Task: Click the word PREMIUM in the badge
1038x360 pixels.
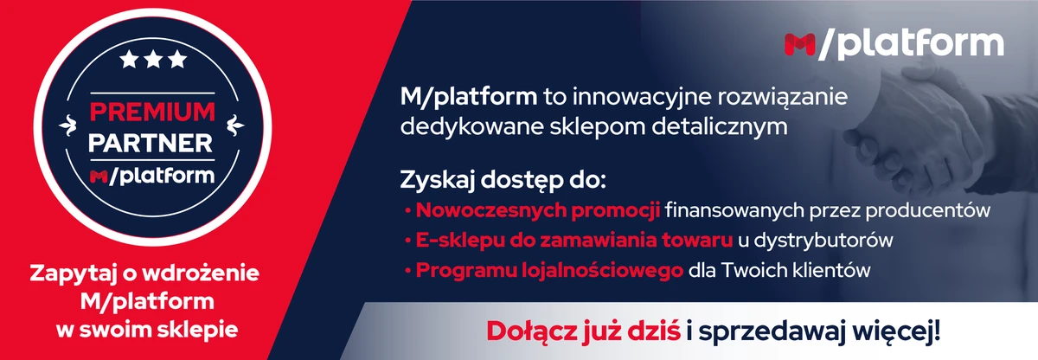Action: click(x=152, y=112)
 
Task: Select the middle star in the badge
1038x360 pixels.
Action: click(x=152, y=60)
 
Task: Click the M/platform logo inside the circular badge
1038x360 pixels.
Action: click(x=152, y=176)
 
